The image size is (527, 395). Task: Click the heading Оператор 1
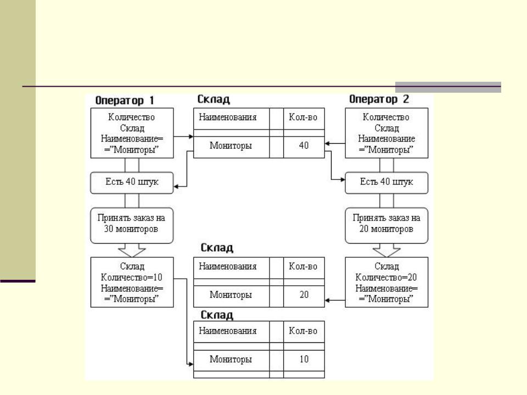(125, 100)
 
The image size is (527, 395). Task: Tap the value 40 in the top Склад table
(304, 145)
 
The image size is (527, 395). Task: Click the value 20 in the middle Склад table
(304, 295)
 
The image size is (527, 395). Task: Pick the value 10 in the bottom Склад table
(304, 359)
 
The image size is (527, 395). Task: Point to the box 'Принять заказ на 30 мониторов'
(132, 225)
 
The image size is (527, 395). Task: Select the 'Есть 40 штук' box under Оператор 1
(132, 182)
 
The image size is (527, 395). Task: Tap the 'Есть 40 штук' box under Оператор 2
(386, 182)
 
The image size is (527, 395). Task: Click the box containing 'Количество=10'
(132, 283)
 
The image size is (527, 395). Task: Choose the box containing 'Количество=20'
(386, 283)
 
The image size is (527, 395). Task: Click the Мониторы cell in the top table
(231, 146)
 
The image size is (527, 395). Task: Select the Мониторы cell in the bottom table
(231, 360)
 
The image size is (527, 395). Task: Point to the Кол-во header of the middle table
(304, 267)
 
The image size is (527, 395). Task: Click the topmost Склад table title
(214, 100)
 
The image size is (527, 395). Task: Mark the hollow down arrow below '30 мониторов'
(132, 250)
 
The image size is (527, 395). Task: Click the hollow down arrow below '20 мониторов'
(386, 250)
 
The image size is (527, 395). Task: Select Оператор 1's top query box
(132, 133)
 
